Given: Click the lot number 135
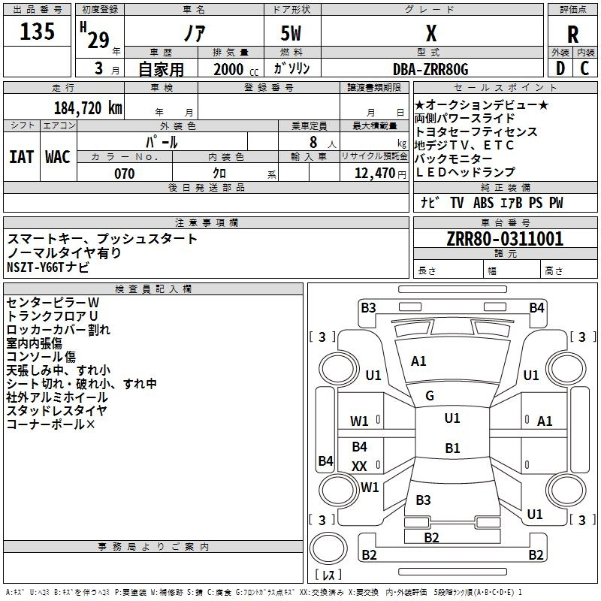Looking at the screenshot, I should [38, 32].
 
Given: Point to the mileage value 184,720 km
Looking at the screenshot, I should [88, 107].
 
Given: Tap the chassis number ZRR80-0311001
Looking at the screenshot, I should [505, 239].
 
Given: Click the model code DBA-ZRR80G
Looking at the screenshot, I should [430, 69].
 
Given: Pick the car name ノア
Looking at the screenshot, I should [193, 34].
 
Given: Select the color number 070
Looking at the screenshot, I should [124, 174].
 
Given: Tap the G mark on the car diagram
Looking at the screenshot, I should [430, 396].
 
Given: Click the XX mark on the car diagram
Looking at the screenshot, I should [360, 466].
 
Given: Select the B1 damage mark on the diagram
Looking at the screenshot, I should [452, 448].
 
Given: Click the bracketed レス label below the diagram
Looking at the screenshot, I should [328, 576].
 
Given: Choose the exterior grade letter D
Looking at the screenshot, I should [560, 69].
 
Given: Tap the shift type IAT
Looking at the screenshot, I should [21, 156].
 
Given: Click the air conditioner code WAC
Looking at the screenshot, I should [57, 156].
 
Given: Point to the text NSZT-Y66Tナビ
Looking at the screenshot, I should [47, 267].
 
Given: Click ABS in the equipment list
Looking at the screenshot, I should [484, 203].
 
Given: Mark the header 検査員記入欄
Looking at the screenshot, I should [153, 288].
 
